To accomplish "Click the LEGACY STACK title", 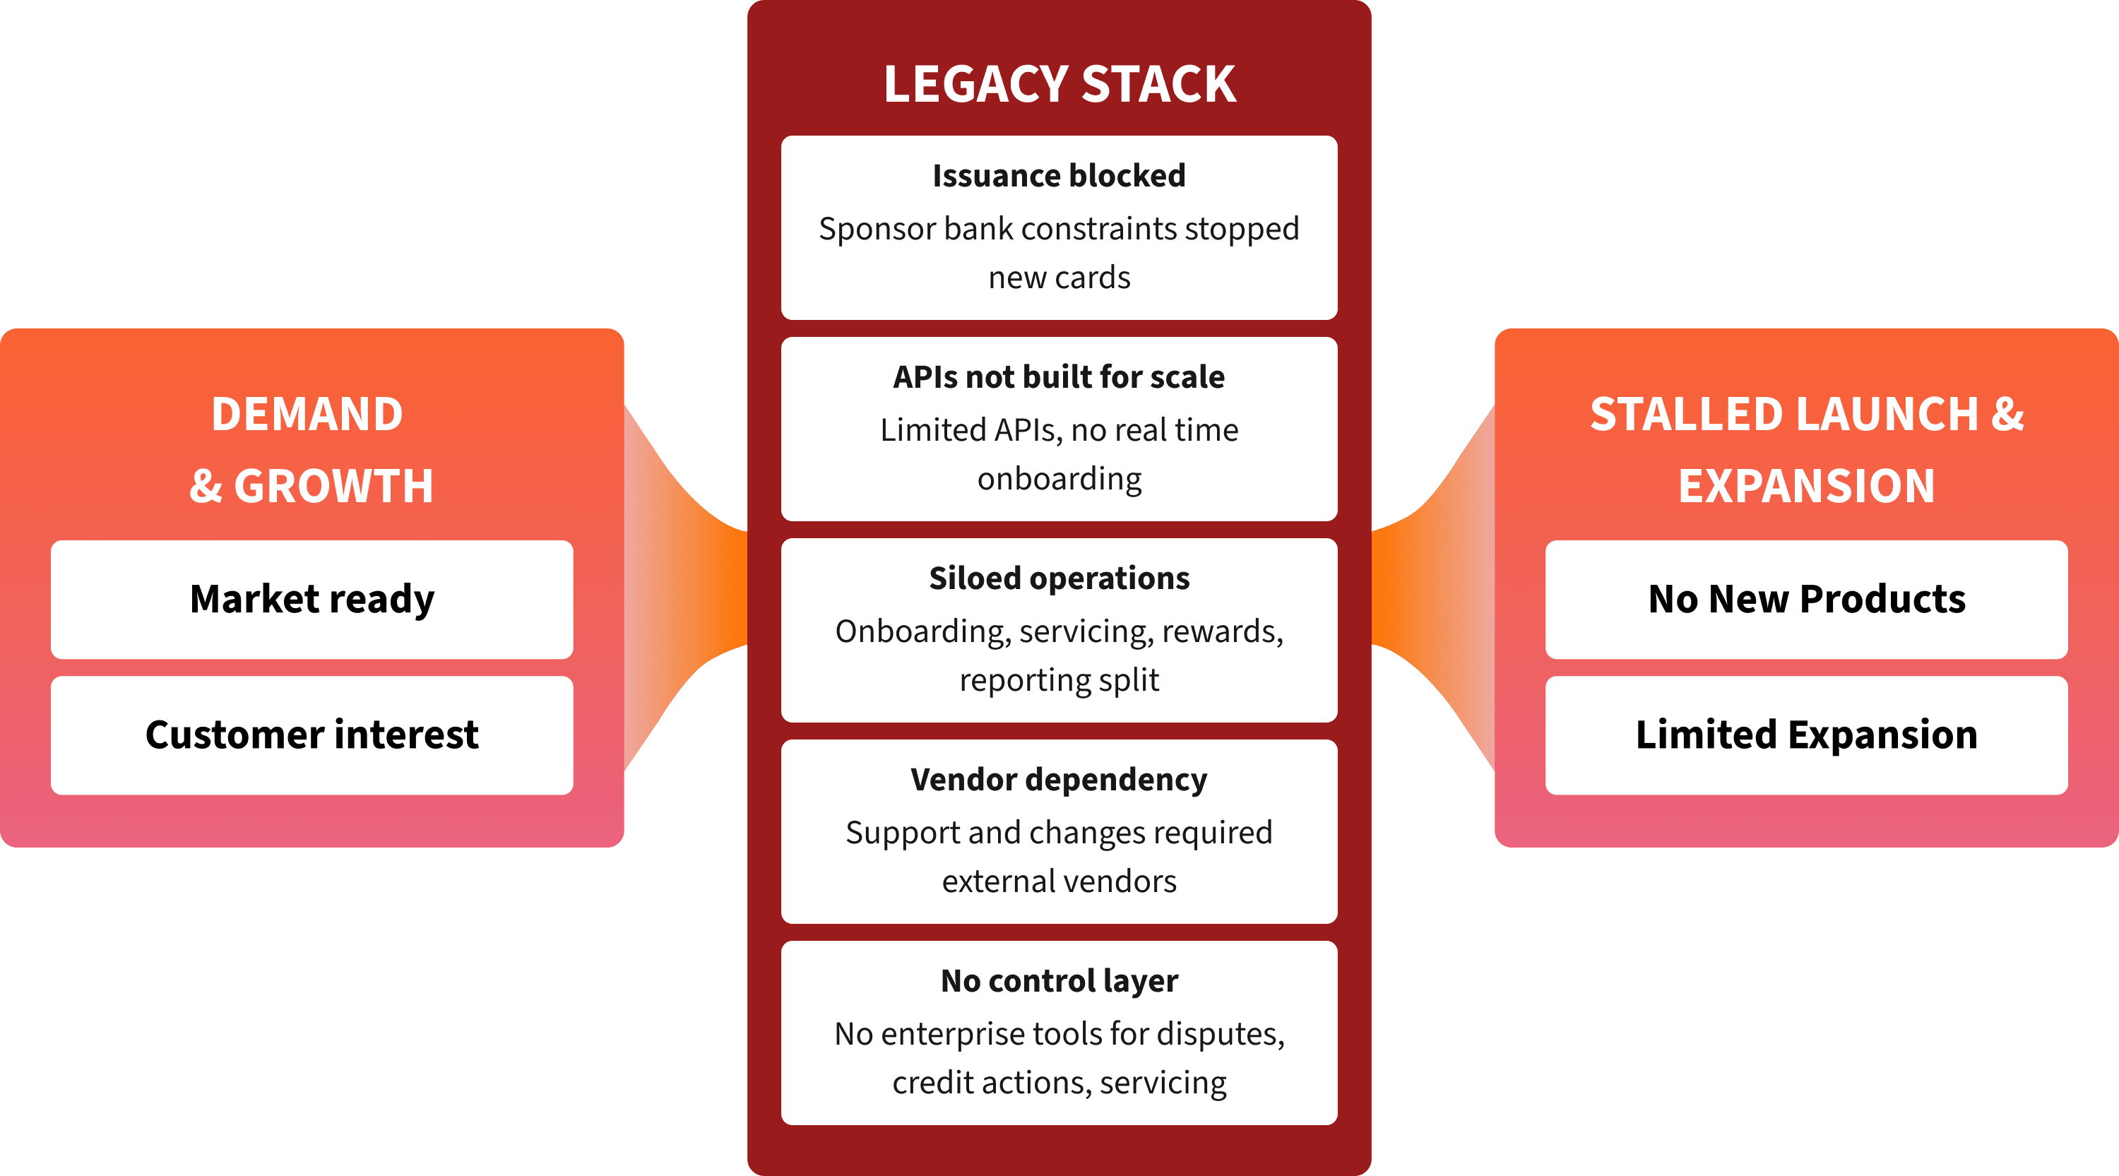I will click(x=1059, y=84).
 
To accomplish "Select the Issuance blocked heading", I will click(x=1059, y=176).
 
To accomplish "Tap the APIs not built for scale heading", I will click(x=1059, y=377).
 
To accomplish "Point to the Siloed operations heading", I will click(x=1059, y=578).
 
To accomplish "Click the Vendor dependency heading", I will click(x=1059, y=780).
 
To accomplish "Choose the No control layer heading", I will click(x=1059, y=981).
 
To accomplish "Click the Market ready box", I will click(x=311, y=599).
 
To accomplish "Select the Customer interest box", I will click(x=311, y=735).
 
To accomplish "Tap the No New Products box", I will click(x=1806, y=599).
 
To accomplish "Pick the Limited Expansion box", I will click(x=1806, y=735).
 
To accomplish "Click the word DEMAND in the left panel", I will click(x=307, y=414).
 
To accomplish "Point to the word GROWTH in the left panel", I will click(x=333, y=486).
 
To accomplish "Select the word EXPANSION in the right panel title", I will click(x=1806, y=486).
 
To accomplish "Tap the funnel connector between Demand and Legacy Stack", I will click(x=687, y=588).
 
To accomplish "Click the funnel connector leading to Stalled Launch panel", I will click(x=1433, y=588).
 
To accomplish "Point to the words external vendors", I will click(x=1059, y=881).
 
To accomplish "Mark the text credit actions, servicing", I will click(x=1059, y=1083).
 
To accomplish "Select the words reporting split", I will click(x=1059, y=680).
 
